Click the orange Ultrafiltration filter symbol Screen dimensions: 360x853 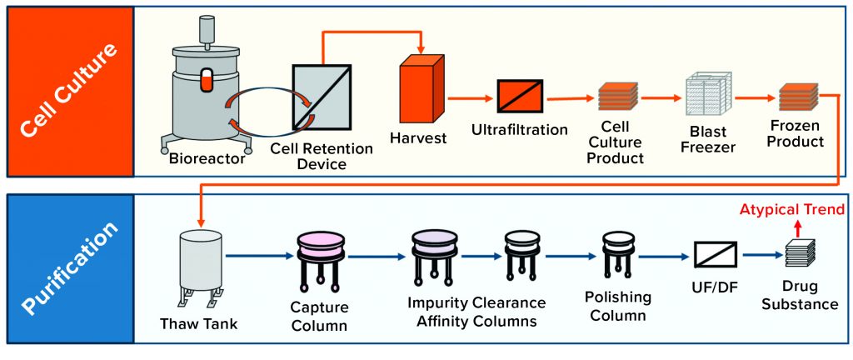click(520, 97)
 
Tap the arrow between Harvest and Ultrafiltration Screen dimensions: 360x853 click(470, 97)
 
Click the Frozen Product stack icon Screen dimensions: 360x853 click(797, 99)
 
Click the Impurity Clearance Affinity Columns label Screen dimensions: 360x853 click(476, 309)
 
